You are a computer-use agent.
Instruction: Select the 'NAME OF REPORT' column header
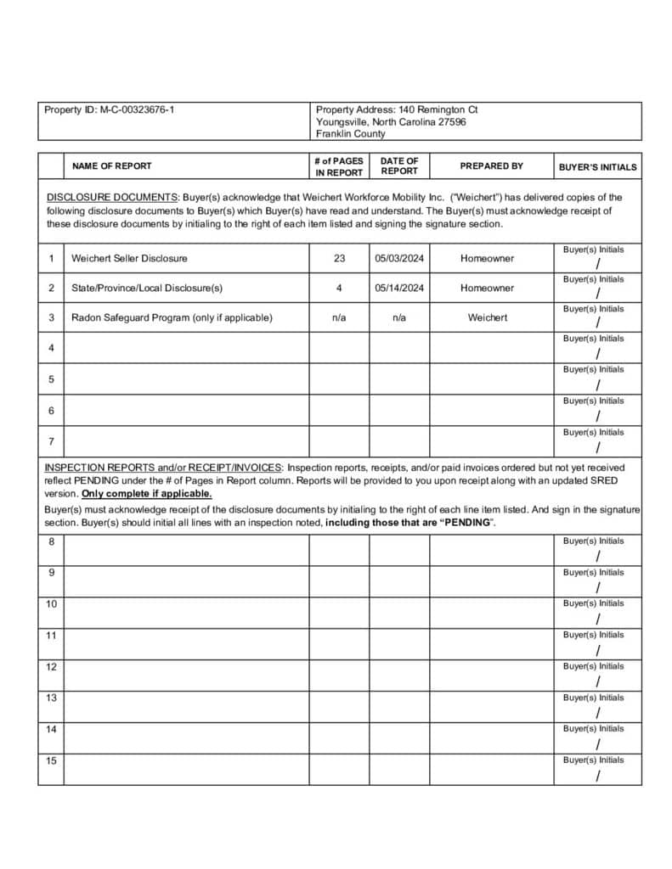coord(111,166)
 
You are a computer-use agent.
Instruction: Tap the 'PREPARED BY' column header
coord(491,166)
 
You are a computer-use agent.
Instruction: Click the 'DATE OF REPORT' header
coord(399,165)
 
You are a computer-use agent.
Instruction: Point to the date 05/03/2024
coord(399,258)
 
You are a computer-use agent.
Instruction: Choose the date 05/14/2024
coord(399,288)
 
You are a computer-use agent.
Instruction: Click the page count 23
coord(339,258)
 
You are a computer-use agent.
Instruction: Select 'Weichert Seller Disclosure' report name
coord(129,258)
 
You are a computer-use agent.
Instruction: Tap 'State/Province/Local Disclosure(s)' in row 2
coord(147,288)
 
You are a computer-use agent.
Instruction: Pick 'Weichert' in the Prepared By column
coord(488,317)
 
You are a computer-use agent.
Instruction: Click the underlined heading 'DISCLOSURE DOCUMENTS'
coord(111,197)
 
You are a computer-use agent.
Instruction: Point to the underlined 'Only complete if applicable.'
coord(146,493)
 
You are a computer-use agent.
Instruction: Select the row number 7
coord(51,441)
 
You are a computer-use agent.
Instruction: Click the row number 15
coord(51,760)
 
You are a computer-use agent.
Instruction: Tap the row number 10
coord(51,604)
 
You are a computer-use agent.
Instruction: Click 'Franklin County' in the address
coord(350,133)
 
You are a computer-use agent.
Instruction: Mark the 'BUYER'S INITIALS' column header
coord(597,167)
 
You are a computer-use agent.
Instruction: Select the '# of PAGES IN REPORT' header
coord(339,166)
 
